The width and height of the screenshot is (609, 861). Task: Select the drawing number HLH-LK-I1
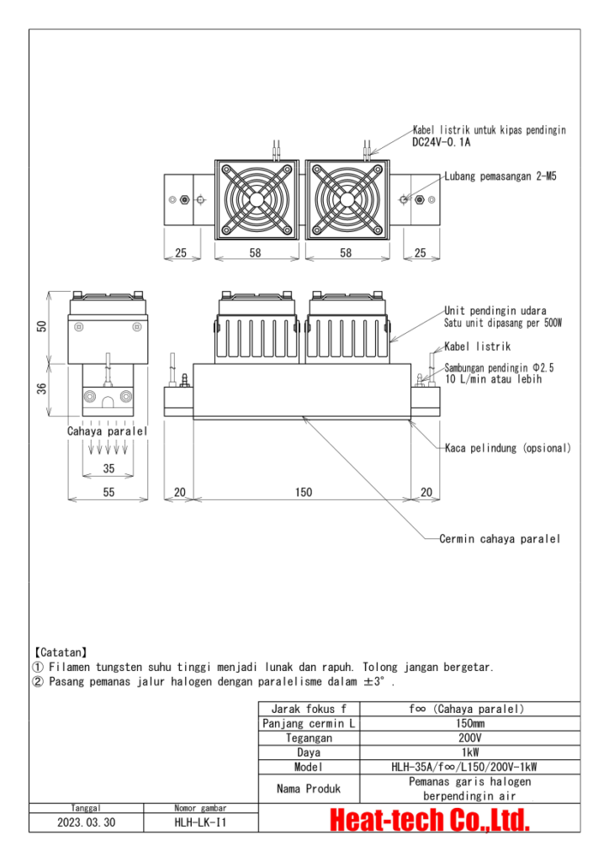click(x=200, y=823)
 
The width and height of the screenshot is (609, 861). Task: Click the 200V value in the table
click(x=469, y=737)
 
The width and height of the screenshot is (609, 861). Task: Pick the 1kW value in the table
click(x=469, y=752)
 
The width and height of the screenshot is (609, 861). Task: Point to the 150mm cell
click(x=469, y=723)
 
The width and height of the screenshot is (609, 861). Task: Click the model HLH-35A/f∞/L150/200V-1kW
click(x=469, y=767)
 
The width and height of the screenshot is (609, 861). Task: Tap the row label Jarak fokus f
click(x=309, y=709)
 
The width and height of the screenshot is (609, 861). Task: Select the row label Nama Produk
click(x=309, y=789)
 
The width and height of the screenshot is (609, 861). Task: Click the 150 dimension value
click(x=302, y=493)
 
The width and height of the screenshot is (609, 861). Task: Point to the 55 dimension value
click(x=109, y=493)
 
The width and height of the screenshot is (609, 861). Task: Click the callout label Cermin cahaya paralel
click(x=500, y=539)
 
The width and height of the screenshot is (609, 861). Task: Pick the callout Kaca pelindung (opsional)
click(x=508, y=448)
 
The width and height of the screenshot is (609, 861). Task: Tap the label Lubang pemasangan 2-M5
click(x=500, y=177)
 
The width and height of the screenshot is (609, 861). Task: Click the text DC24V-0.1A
click(x=442, y=142)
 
